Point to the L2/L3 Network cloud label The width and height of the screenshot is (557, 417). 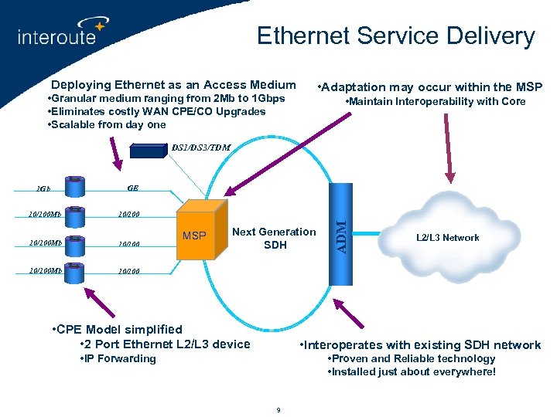click(x=448, y=238)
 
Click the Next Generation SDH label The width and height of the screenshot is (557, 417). click(x=274, y=238)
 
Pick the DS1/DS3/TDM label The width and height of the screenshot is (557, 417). click(x=200, y=147)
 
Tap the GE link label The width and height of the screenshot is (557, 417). click(x=132, y=187)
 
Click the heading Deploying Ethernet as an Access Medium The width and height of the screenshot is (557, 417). click(x=173, y=85)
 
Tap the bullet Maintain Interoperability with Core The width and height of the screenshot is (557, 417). click(x=435, y=102)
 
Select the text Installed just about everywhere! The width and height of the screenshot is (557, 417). click(x=412, y=372)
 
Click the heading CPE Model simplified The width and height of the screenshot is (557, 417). click(x=116, y=330)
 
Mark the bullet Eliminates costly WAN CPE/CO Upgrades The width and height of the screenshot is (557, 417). click(x=156, y=112)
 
